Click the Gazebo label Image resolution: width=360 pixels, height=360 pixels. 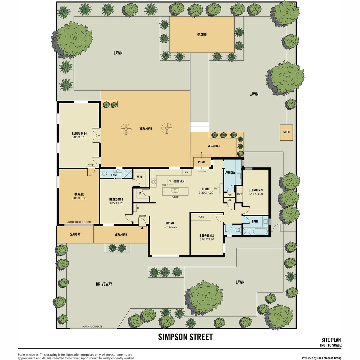click(x=202, y=34)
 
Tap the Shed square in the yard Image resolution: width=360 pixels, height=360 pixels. click(x=286, y=132)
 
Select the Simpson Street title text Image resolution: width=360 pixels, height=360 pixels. click(x=185, y=337)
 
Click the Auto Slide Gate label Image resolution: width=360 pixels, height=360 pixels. click(x=92, y=326)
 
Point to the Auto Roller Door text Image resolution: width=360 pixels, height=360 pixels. click(x=79, y=222)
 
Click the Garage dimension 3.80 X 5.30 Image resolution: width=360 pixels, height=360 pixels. click(x=79, y=198)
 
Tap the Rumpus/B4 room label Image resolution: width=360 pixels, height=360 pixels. click(x=79, y=133)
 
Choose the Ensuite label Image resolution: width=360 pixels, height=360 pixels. click(x=116, y=175)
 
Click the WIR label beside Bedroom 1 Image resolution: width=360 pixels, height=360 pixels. click(x=140, y=177)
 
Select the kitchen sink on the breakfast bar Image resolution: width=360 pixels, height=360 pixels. click(x=175, y=191)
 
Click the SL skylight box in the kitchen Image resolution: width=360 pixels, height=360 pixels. click(x=170, y=181)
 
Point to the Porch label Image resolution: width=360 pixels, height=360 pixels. click(x=202, y=162)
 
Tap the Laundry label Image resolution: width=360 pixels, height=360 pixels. click(x=230, y=173)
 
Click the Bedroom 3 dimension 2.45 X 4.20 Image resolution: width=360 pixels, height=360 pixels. click(x=256, y=194)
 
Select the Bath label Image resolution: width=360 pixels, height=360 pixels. click(x=255, y=221)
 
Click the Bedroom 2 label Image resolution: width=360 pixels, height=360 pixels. click(x=207, y=236)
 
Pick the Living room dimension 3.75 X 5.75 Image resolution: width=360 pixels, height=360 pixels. click(x=170, y=227)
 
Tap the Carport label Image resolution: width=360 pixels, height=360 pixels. click(x=75, y=234)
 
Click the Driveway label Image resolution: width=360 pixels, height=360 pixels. click(x=104, y=284)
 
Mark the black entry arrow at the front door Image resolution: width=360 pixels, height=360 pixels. click(x=142, y=228)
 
